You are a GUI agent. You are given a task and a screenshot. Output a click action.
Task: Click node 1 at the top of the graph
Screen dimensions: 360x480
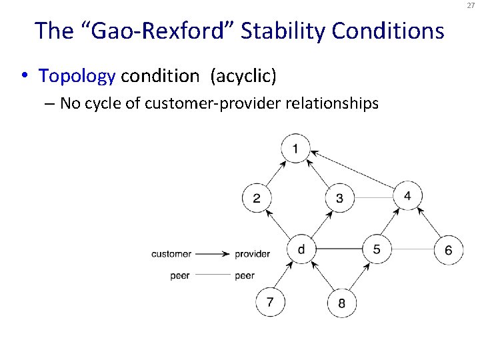click(296, 148)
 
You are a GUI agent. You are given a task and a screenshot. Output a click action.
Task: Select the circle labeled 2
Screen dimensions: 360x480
click(257, 198)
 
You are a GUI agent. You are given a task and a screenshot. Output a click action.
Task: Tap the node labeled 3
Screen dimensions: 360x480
click(340, 198)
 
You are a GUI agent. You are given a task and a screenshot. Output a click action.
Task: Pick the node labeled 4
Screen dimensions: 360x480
click(407, 195)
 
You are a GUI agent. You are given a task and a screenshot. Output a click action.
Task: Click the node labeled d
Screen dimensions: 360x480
click(301, 249)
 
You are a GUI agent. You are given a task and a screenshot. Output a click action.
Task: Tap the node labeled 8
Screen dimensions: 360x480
click(341, 303)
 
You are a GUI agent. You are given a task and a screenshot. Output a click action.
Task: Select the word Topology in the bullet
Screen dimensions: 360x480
click(77, 76)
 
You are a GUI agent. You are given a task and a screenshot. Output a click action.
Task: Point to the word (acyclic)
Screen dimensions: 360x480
click(243, 76)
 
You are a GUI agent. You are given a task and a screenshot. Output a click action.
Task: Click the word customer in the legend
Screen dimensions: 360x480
click(171, 254)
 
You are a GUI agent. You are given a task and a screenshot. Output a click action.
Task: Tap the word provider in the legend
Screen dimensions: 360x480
click(252, 254)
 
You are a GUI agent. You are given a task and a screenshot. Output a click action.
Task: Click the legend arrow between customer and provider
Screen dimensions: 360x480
click(213, 254)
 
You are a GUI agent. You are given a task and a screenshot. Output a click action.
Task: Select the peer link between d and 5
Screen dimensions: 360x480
click(339, 249)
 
